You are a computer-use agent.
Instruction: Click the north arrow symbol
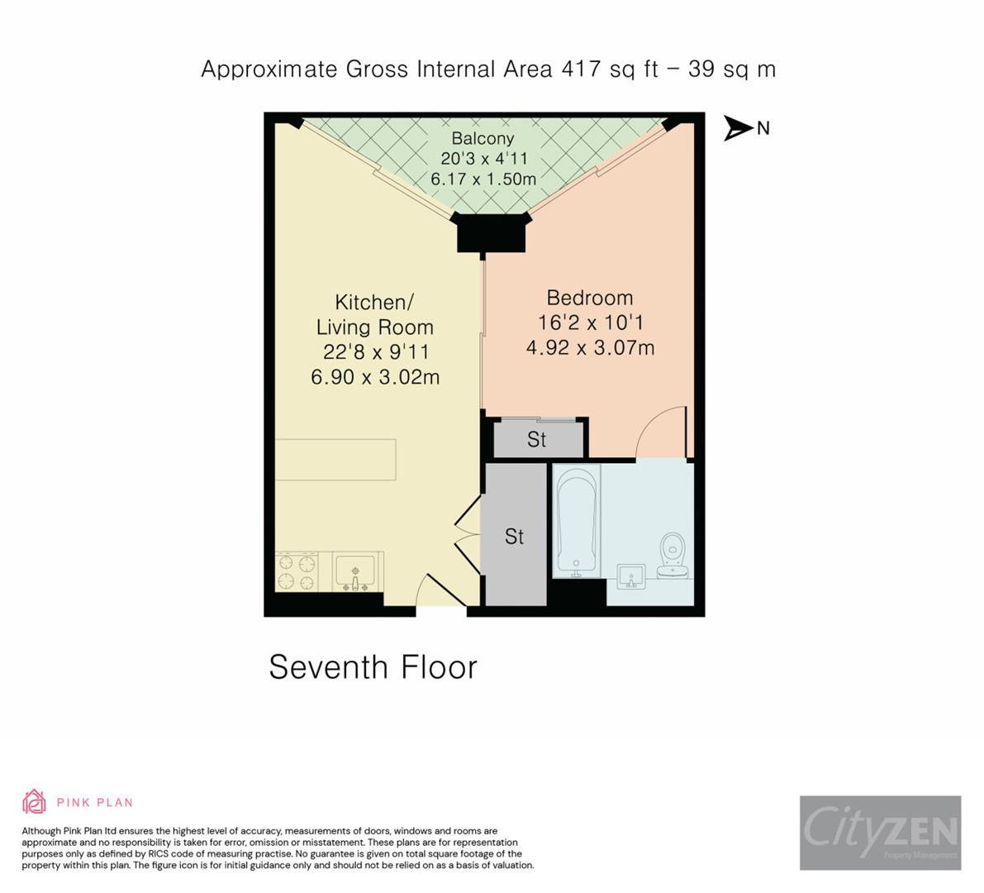point(738,128)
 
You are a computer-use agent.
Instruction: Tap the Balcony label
point(482,139)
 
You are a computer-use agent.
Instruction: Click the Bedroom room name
point(589,298)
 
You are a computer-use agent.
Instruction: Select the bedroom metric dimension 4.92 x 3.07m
point(590,347)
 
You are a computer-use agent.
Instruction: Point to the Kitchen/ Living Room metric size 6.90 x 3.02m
point(375,377)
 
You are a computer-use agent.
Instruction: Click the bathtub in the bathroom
point(577,518)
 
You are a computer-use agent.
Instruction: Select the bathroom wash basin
point(633,576)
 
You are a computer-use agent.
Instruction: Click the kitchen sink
point(356,571)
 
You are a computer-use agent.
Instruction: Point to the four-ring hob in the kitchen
point(297,572)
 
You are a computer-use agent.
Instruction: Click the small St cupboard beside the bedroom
point(537,439)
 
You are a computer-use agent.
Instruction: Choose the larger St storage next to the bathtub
point(515,537)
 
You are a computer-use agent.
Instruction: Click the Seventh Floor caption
point(373,667)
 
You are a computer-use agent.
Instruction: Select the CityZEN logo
point(880,833)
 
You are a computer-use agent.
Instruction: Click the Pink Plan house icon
point(34,801)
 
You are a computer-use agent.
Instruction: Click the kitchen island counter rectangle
point(335,460)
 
